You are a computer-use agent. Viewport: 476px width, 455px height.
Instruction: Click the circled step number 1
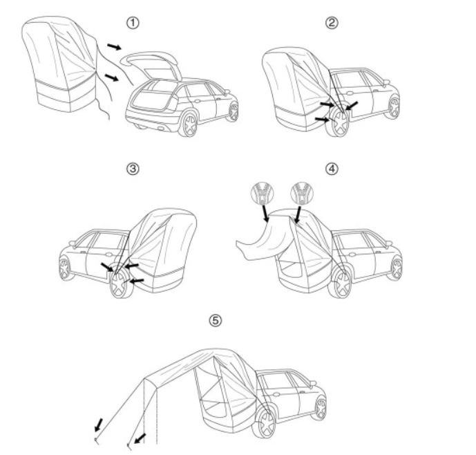tap(132, 23)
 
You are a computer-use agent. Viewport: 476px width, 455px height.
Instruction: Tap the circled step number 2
tap(332, 23)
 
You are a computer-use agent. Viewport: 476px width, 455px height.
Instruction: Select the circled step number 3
tap(132, 168)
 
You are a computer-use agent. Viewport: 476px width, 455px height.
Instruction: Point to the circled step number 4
tap(332, 168)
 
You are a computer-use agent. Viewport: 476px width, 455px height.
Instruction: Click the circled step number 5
tap(216, 320)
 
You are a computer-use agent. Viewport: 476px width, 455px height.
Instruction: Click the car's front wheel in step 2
tap(393, 106)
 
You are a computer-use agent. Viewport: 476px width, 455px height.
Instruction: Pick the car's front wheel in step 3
tap(66, 268)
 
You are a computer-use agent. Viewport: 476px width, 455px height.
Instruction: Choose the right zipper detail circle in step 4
tap(301, 191)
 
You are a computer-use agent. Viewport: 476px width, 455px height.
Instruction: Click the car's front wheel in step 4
tap(394, 268)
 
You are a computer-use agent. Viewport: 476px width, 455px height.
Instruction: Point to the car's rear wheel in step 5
tap(264, 423)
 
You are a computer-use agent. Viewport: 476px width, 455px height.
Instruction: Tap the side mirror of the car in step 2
tap(385, 82)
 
